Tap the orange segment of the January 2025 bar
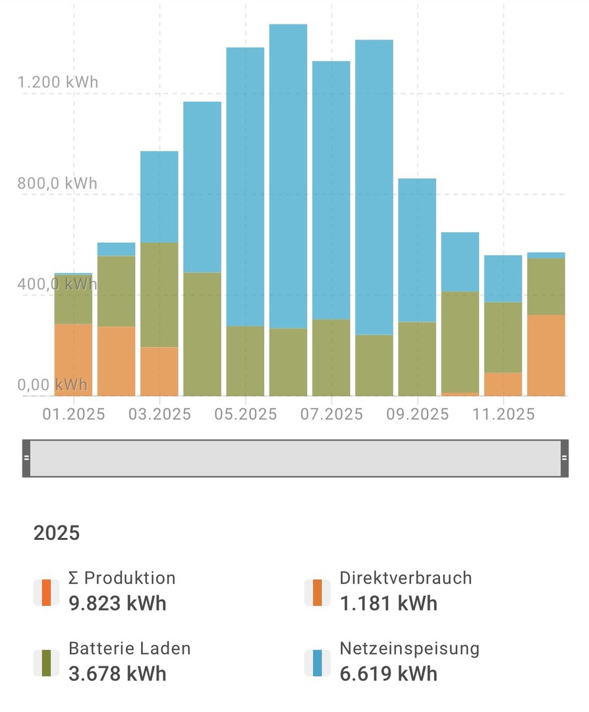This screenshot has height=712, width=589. [73, 359]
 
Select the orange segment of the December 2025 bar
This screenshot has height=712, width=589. [546, 355]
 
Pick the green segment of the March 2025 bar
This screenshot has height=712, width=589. [159, 295]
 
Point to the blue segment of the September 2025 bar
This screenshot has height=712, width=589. [417, 250]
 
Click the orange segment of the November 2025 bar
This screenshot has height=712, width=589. [503, 384]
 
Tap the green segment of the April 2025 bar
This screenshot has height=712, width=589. [202, 334]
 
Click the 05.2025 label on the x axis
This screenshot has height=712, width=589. [245, 414]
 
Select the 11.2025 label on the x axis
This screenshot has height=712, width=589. [503, 414]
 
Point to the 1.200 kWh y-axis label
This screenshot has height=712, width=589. [57, 82]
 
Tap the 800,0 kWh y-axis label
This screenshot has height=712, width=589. [57, 183]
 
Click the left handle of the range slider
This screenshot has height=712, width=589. [26, 458]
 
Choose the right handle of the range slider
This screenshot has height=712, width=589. [564, 458]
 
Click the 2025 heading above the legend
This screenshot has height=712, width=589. [57, 533]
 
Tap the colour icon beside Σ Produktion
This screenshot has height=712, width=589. [45, 592]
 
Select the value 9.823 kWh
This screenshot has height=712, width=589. [117, 603]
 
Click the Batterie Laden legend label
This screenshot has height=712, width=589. [130, 648]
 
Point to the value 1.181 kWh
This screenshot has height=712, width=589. [388, 603]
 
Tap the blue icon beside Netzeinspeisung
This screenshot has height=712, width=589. [317, 663]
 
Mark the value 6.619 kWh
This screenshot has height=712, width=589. [388, 674]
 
